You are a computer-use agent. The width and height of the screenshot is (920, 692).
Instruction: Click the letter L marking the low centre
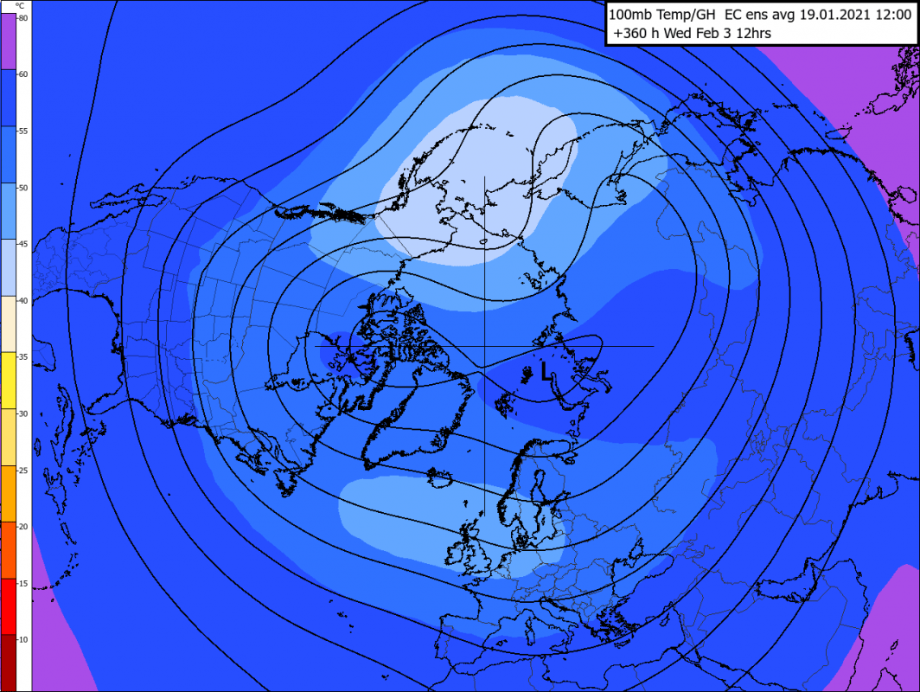tap(545, 372)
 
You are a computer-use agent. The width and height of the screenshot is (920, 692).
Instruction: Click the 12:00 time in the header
tap(891, 15)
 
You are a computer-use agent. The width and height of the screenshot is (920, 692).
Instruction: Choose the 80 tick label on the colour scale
tap(22, 18)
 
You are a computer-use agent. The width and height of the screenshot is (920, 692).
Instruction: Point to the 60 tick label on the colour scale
tap(22, 74)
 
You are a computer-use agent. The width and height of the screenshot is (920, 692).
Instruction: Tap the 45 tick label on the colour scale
tap(22, 245)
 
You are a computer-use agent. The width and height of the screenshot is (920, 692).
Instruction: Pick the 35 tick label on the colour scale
tap(22, 357)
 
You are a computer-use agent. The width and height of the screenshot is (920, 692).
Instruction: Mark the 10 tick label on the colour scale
tap(22, 639)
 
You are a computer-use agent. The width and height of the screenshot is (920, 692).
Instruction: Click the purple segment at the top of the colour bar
tap(15, 41)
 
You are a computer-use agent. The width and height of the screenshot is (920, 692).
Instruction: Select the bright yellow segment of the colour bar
tap(15, 381)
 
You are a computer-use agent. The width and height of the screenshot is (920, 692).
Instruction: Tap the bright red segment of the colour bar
tap(15, 605)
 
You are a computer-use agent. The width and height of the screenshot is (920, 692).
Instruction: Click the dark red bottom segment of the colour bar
tap(15, 662)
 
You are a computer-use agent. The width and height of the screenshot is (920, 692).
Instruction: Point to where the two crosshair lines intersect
tap(484, 346)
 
